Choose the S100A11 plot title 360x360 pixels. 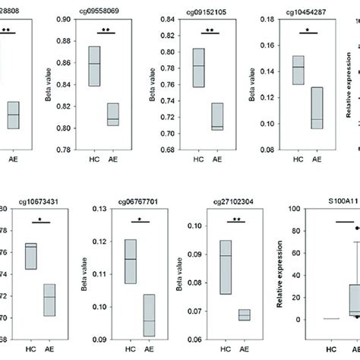[322, 193]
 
